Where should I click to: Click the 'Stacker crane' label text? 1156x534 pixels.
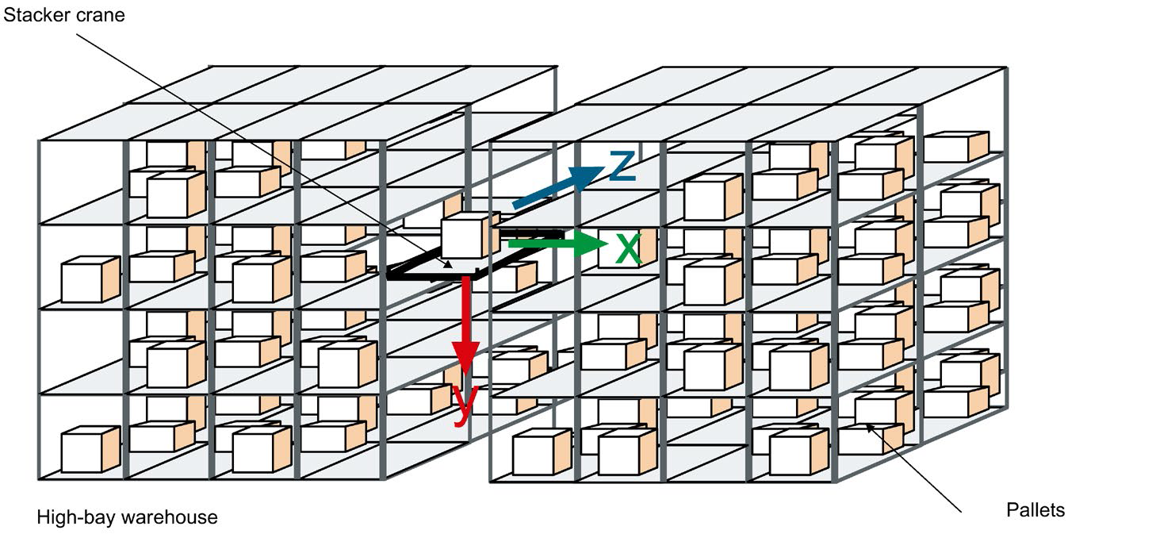click(64, 15)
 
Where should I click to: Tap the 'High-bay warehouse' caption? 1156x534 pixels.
click(127, 518)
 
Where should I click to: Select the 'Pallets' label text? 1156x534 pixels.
click(1035, 510)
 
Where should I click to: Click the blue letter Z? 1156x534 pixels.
click(622, 165)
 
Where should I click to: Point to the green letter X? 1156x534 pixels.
click(628, 249)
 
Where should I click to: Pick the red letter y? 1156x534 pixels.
click(466, 403)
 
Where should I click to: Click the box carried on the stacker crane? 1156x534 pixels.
click(465, 236)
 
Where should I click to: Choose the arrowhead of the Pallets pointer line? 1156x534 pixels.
click(869, 427)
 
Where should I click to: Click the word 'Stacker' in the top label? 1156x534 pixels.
click(33, 15)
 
